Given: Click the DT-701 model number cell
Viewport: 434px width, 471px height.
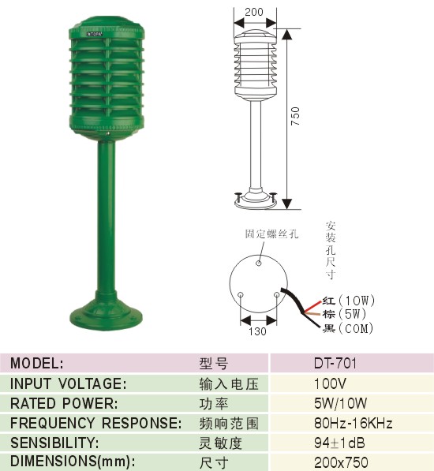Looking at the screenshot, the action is tap(335, 363).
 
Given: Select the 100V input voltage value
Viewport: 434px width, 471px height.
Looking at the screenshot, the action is tap(330, 383).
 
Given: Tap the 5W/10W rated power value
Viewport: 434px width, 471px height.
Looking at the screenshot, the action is tap(340, 403).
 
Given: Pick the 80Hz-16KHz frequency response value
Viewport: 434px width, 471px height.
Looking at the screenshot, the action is tap(354, 423).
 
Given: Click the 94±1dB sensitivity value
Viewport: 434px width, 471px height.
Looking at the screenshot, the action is tap(339, 443).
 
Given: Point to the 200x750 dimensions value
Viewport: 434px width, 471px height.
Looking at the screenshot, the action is tap(341, 462).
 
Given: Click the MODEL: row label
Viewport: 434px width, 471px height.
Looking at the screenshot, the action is tap(37, 363).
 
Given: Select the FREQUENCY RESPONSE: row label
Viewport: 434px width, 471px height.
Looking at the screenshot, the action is tap(95, 423).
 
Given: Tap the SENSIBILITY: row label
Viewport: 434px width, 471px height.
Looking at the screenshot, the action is tap(54, 443).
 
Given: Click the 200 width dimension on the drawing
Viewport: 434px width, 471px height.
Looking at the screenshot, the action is tap(254, 12).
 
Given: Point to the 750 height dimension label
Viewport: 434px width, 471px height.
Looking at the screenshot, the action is tap(295, 116).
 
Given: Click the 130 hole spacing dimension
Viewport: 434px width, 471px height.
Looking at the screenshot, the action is tap(257, 331).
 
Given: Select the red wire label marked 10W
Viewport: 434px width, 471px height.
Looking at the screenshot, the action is tap(349, 301).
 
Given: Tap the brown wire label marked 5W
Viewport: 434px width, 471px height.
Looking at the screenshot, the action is tap(345, 314).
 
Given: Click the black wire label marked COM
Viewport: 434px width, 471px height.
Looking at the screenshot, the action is tap(348, 328).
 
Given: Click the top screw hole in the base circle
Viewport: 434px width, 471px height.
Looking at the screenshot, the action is tap(259, 264).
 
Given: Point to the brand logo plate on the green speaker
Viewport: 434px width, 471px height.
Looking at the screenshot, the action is tap(95, 34).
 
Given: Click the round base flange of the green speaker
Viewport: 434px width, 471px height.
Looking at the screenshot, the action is tap(106, 317).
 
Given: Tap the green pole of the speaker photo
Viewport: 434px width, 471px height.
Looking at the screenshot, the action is tap(107, 216).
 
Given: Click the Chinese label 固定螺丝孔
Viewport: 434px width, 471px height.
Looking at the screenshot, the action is tap(271, 234).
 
